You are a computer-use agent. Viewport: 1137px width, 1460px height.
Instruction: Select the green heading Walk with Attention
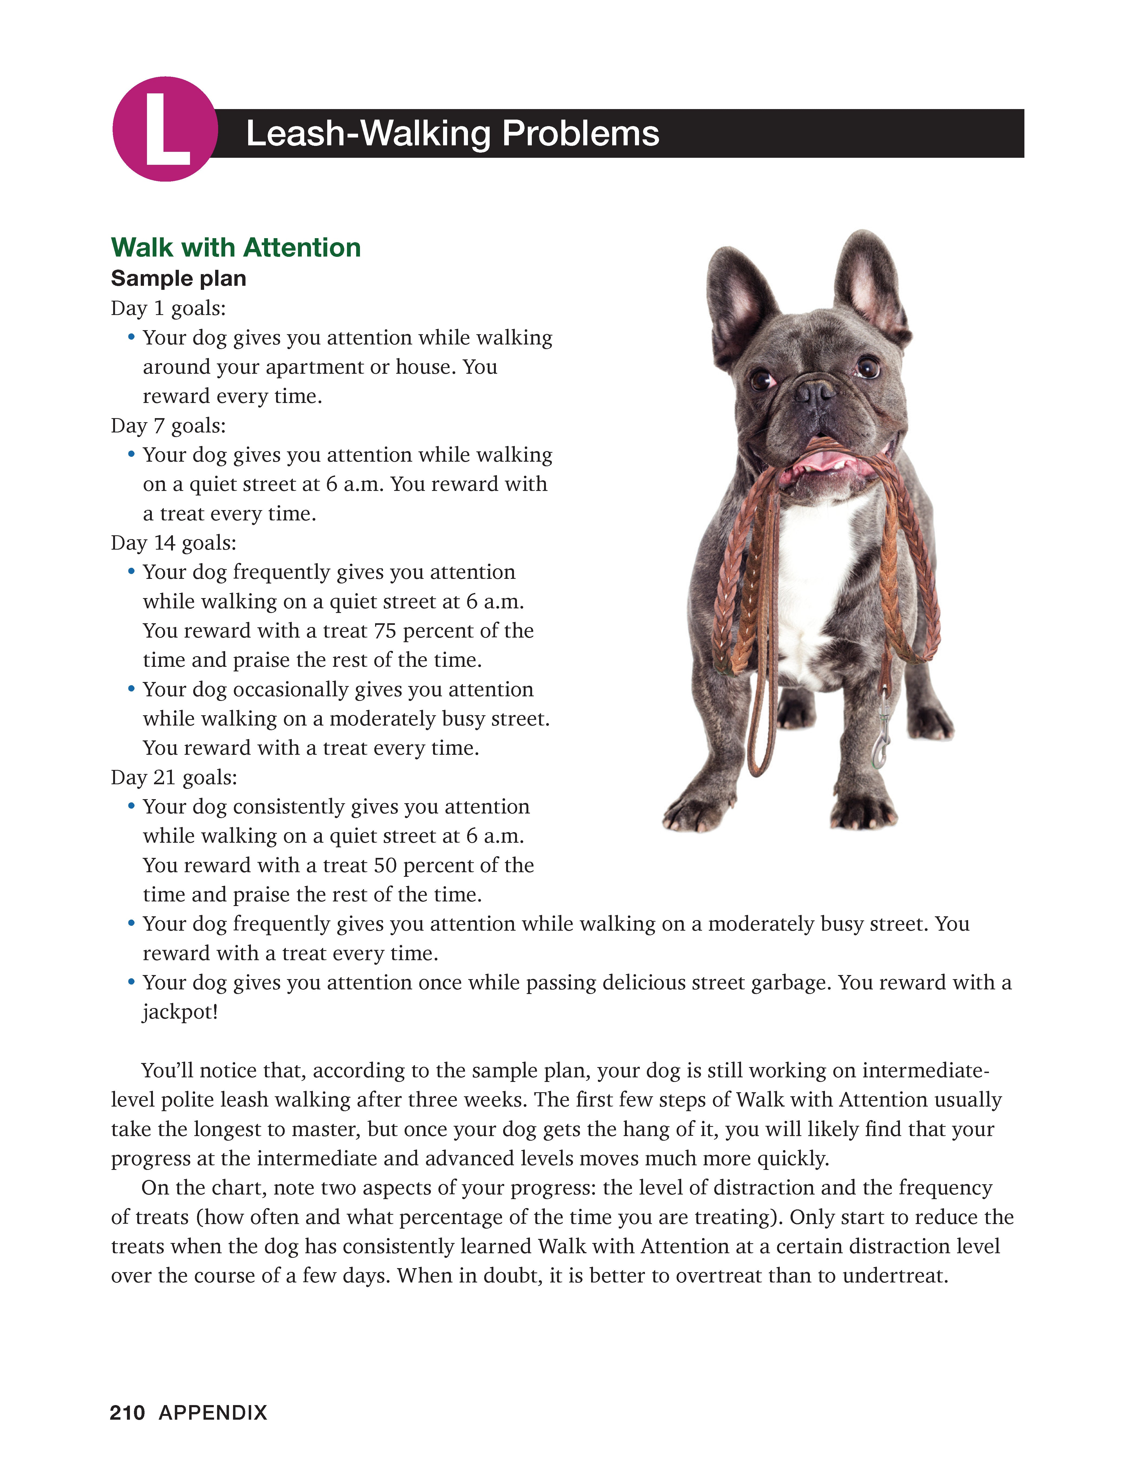pyautogui.click(x=236, y=247)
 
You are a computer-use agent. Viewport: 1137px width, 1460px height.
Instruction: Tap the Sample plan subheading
pyautogui.click(x=178, y=278)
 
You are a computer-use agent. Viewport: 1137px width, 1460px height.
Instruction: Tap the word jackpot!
pyautogui.click(x=181, y=1012)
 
